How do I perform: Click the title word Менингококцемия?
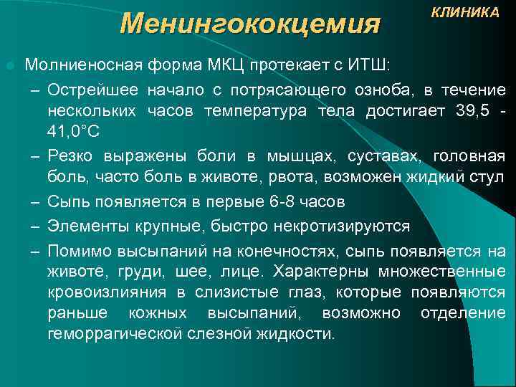(249, 23)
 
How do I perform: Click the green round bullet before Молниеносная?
(9, 65)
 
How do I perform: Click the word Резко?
(69, 156)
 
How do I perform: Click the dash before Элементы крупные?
(34, 227)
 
